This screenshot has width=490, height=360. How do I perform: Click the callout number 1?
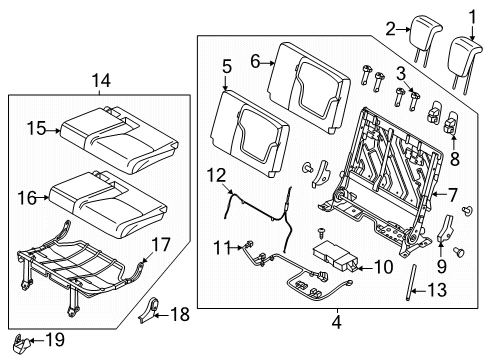472,16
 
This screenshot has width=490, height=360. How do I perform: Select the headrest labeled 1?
466,53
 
